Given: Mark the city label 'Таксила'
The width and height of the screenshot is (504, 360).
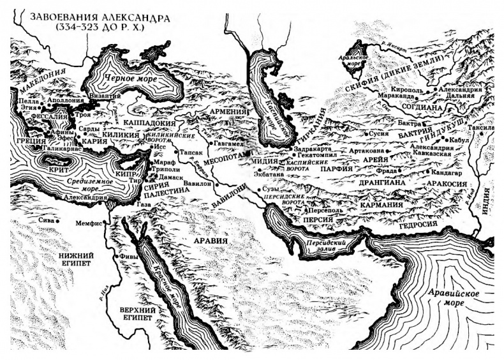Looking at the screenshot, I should click(x=482, y=128).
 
